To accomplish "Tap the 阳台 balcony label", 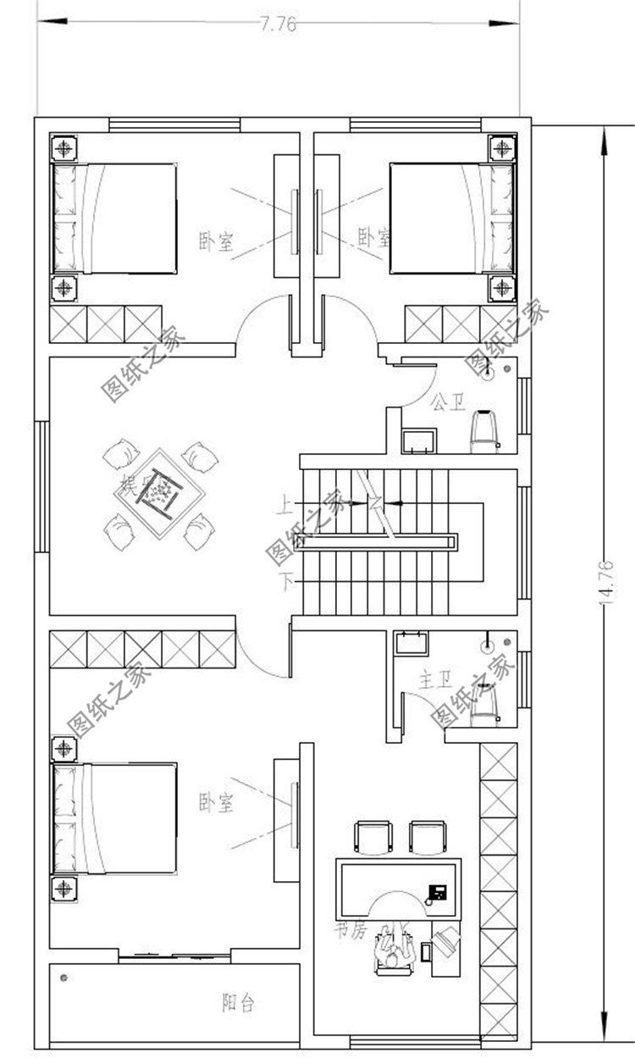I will (238, 1003).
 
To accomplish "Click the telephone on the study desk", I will (438, 891).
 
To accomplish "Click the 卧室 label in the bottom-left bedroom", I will (216, 801).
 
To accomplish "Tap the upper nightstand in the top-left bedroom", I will (64, 148).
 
